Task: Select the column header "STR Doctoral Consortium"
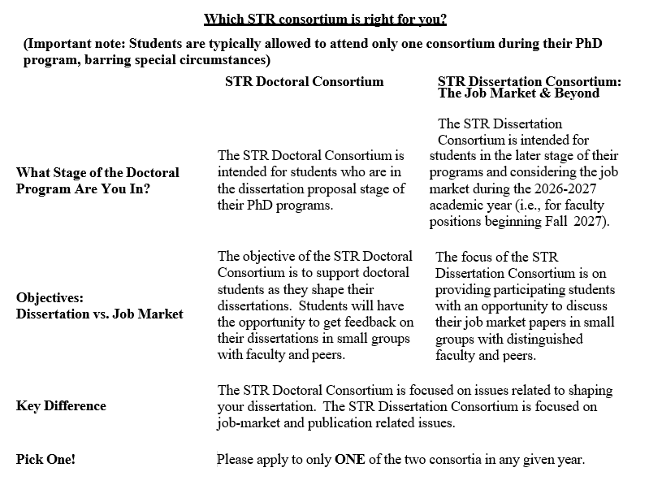coord(304,81)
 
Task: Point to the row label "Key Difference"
coord(61,406)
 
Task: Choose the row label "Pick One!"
coord(45,460)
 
